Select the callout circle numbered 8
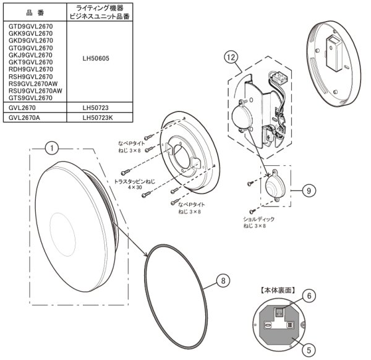[x=224, y=280]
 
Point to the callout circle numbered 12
[x=232, y=58]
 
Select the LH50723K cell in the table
[x=98, y=117]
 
